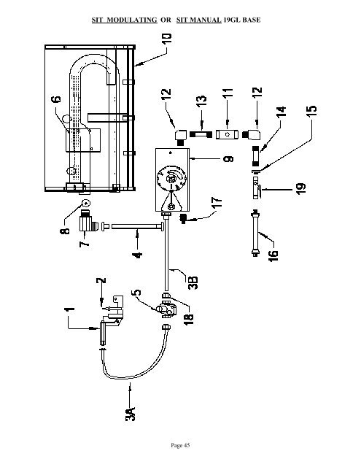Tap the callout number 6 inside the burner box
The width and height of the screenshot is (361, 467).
(57, 99)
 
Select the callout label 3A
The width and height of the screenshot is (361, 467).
(131, 413)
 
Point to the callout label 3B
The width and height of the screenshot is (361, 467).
(193, 282)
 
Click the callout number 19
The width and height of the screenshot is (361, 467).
(300, 188)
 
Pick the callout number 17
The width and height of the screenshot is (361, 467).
(217, 203)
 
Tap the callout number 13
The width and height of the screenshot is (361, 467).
(201, 102)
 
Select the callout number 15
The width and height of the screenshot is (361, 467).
(311, 112)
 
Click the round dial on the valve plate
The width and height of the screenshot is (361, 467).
(171, 178)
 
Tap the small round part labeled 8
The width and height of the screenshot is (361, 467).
(86, 204)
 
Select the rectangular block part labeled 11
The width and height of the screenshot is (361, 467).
(228, 134)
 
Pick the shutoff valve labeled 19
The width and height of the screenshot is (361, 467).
(256, 188)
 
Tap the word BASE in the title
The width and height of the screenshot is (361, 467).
(252, 20)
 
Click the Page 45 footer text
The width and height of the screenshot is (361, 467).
(180, 445)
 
